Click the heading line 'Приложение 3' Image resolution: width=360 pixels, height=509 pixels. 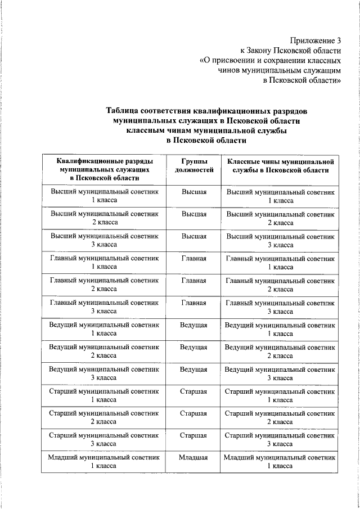click(316, 40)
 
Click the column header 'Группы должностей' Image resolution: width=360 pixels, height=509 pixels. click(193, 165)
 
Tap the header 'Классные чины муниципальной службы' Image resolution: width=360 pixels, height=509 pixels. click(280, 165)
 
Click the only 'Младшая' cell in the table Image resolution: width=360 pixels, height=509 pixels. click(193, 458)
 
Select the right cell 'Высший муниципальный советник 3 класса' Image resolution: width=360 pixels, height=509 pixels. click(280, 241)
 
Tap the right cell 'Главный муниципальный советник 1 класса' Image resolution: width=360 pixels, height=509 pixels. click(280, 263)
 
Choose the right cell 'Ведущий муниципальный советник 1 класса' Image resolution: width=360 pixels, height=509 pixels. click(280, 329)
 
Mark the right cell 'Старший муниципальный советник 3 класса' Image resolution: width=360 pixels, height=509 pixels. click(280, 440)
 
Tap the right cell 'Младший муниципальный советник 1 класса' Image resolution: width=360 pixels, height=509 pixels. click(280, 462)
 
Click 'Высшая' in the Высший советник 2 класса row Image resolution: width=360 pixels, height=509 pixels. click(193, 214)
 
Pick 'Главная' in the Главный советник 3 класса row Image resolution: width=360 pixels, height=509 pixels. click(193, 303)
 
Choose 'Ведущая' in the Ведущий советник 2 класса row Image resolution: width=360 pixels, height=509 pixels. click(193, 347)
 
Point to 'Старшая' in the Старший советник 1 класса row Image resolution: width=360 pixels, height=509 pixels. click(193, 391)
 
